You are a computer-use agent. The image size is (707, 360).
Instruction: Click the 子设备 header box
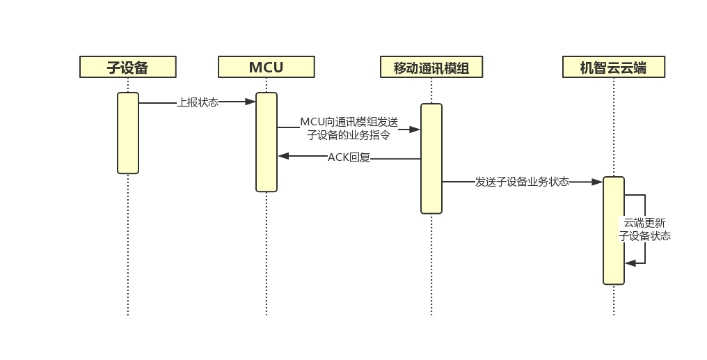tap(127, 67)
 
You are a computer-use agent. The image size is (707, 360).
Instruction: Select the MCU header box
tap(266, 67)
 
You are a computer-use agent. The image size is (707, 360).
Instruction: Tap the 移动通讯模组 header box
tap(431, 68)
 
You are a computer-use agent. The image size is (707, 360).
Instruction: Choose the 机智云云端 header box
tap(613, 68)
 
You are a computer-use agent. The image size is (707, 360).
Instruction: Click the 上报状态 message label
tap(198, 102)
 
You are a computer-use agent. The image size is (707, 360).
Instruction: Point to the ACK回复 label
tap(349, 157)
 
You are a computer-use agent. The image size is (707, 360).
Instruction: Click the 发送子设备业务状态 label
tap(522, 182)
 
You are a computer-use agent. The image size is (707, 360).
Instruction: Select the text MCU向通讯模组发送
tap(349, 122)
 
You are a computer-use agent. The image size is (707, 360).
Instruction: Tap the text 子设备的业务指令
tap(349, 135)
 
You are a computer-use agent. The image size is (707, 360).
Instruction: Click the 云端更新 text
tap(644, 223)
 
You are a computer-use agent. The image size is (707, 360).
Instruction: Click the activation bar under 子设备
tap(128, 132)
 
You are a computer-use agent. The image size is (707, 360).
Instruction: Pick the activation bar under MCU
tap(267, 141)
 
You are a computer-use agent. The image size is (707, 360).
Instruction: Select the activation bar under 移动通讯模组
tap(431, 158)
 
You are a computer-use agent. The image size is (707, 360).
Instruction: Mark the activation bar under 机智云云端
tap(614, 230)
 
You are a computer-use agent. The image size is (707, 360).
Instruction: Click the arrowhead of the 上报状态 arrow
tap(251, 102)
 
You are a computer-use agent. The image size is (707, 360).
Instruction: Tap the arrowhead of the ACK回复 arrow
tap(283, 156)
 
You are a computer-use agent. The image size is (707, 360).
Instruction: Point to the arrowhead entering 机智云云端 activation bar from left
tap(597, 182)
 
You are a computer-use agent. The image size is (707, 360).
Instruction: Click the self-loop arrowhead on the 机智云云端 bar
tap(630, 263)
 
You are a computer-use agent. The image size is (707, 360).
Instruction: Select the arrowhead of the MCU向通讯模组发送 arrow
tap(415, 129)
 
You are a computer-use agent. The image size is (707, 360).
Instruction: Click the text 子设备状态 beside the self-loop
tap(645, 236)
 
